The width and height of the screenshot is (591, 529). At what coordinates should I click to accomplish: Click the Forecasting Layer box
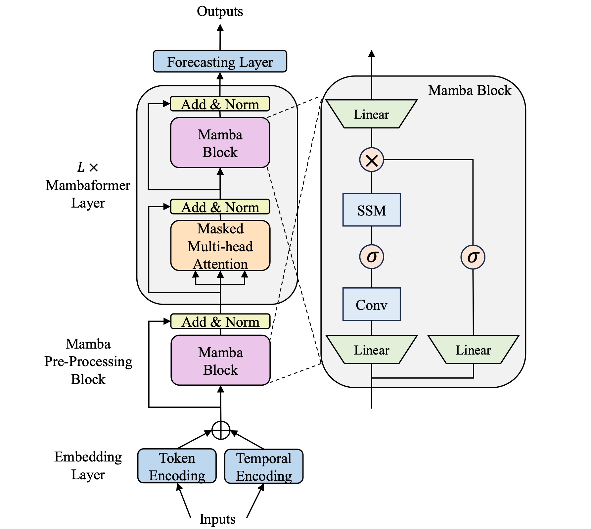click(x=220, y=62)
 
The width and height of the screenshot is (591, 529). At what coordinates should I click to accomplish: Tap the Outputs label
click(x=220, y=11)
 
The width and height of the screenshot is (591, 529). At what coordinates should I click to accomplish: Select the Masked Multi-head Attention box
click(x=220, y=246)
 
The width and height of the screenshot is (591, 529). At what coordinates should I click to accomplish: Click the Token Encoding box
click(x=177, y=466)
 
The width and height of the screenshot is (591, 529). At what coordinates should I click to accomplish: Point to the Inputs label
click(x=217, y=519)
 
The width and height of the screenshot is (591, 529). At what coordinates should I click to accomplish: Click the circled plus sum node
click(x=221, y=430)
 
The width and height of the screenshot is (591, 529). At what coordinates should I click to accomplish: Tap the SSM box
click(x=372, y=210)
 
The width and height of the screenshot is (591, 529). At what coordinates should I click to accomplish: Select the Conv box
click(x=372, y=305)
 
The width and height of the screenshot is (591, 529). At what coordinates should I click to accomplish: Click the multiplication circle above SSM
click(x=372, y=160)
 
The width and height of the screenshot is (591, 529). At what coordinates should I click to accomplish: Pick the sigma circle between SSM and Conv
click(x=372, y=257)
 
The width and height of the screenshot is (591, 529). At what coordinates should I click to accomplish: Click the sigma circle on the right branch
click(x=473, y=257)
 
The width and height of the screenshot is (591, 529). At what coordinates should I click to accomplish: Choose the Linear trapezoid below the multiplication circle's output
click(x=371, y=114)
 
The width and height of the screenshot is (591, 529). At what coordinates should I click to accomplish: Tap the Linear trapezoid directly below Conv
click(x=372, y=350)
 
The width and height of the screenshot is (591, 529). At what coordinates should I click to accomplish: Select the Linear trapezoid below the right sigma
click(x=473, y=350)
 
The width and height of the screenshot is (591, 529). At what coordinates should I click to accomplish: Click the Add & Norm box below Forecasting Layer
click(x=220, y=104)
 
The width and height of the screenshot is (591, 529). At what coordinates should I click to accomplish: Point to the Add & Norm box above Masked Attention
click(x=220, y=207)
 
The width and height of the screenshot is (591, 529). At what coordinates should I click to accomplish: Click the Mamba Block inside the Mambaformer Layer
click(x=220, y=143)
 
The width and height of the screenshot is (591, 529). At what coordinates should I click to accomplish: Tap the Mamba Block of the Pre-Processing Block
click(x=220, y=361)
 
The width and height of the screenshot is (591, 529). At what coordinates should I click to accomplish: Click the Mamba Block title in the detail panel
click(x=470, y=90)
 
